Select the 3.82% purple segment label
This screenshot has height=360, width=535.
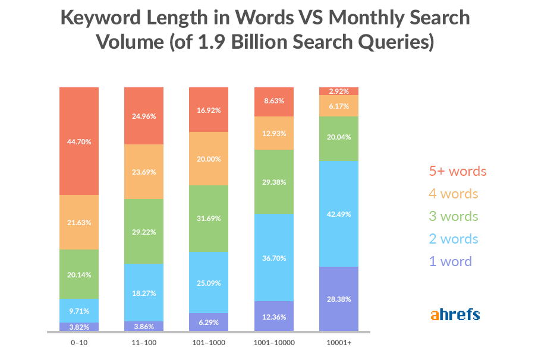[x=79, y=327]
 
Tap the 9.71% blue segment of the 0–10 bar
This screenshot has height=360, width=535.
[x=79, y=311]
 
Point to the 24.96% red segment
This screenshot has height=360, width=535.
[x=144, y=116]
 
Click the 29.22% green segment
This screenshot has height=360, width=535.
[x=144, y=231]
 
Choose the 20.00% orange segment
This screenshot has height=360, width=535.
[x=209, y=159]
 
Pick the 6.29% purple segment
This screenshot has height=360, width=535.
[x=209, y=322]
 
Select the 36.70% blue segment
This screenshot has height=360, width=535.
[x=273, y=257]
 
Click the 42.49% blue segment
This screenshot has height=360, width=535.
[x=339, y=214]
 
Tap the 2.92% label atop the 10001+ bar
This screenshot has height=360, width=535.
[x=339, y=91]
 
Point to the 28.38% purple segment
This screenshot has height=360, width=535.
[x=339, y=299]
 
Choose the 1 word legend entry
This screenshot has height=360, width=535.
[x=450, y=261]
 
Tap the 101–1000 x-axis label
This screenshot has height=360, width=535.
[x=209, y=343]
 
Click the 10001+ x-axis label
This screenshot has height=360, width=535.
[x=339, y=343]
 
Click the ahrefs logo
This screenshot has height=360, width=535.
[x=455, y=314]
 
